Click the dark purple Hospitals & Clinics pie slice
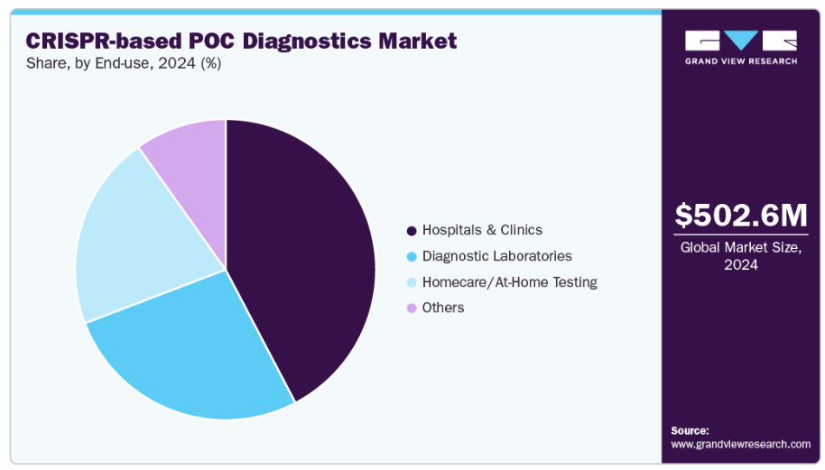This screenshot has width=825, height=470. [307, 262]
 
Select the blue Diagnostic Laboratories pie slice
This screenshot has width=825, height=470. [199, 352]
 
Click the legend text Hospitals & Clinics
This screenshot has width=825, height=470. [482, 231]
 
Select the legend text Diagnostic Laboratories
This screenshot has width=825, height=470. [496, 257]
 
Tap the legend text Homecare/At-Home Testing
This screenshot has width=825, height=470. [509, 282]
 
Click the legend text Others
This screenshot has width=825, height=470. [443, 309]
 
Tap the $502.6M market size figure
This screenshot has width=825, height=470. [741, 216]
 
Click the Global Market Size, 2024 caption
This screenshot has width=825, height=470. [741, 256]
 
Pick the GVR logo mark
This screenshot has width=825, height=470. [741, 40]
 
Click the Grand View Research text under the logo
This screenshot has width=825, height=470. [741, 61]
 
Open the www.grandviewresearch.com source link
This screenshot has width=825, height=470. [741, 445]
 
